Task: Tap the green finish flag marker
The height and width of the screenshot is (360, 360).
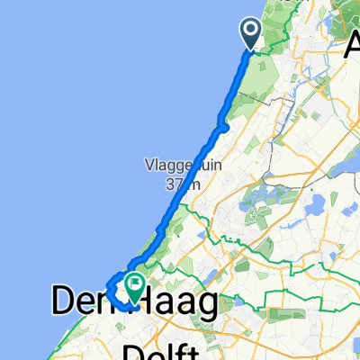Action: pos(135,286)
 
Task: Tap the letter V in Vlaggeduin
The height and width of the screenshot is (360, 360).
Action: pos(148,166)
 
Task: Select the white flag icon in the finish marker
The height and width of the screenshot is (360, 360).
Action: pos(135,284)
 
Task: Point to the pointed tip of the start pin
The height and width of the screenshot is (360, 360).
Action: pos(250,49)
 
